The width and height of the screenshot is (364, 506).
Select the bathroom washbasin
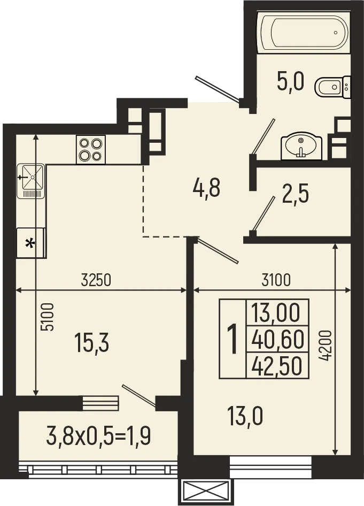tap(301, 146)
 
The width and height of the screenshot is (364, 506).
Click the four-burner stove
tap(91, 149)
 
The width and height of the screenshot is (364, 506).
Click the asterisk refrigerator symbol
tap(30, 243)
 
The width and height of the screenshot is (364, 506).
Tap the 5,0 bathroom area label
tap(290, 83)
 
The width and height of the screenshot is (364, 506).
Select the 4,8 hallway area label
tap(206, 188)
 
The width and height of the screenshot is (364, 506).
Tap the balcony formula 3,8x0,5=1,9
tap(99, 436)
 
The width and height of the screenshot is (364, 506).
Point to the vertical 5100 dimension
tap(47, 319)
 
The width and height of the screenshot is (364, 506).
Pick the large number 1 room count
tap(233, 339)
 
